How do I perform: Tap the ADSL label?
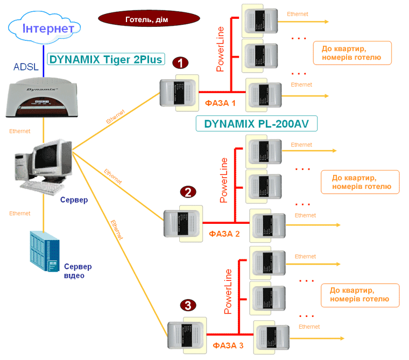click(25, 67)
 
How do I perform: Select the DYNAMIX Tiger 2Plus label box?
click(105, 60)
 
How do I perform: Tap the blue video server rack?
click(45, 252)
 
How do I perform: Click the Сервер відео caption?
click(77, 271)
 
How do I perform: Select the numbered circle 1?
click(180, 63)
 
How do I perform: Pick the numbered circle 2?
click(188, 192)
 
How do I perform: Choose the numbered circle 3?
click(187, 306)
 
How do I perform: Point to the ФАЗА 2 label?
click(224, 234)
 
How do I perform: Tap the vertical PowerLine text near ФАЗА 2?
click(224, 180)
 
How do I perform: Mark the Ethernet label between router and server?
click(20, 131)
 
